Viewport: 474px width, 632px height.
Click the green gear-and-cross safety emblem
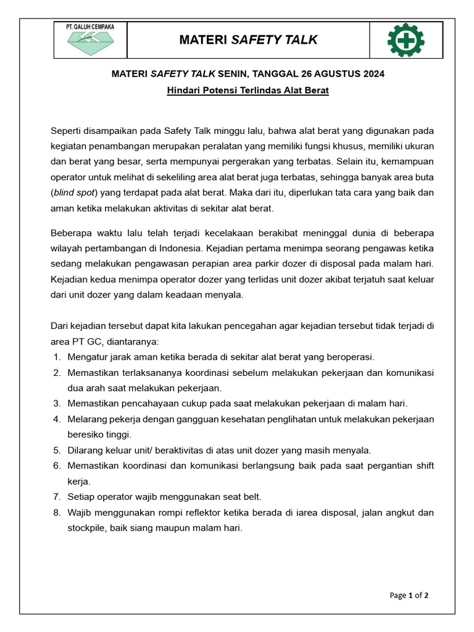pyautogui.click(x=405, y=40)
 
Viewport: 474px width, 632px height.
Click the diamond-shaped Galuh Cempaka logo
pyautogui.click(x=95, y=43)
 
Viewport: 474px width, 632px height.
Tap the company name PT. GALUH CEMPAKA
pyautogui.click(x=94, y=27)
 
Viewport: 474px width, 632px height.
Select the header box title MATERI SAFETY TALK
pyautogui.click(x=248, y=40)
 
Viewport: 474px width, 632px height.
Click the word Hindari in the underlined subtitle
pyautogui.click(x=183, y=91)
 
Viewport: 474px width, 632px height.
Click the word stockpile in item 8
pyautogui.click(x=86, y=528)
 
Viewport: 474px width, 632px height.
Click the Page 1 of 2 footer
pyautogui.click(x=409, y=596)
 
